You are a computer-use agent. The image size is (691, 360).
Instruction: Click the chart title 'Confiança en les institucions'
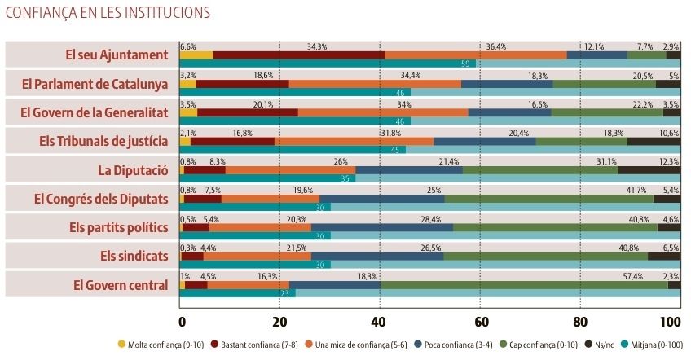click(108, 12)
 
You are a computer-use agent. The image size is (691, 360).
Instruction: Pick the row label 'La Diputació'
click(133, 170)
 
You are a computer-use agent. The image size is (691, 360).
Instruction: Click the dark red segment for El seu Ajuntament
click(298, 55)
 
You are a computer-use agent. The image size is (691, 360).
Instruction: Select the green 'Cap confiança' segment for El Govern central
click(524, 285)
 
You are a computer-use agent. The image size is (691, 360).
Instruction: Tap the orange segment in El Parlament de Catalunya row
click(375, 84)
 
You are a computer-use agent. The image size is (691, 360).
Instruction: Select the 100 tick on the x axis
click(670, 319)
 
